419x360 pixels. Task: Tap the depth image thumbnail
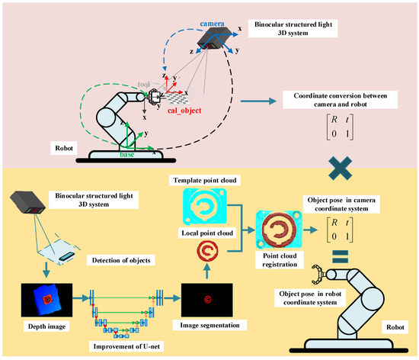[49, 300]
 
